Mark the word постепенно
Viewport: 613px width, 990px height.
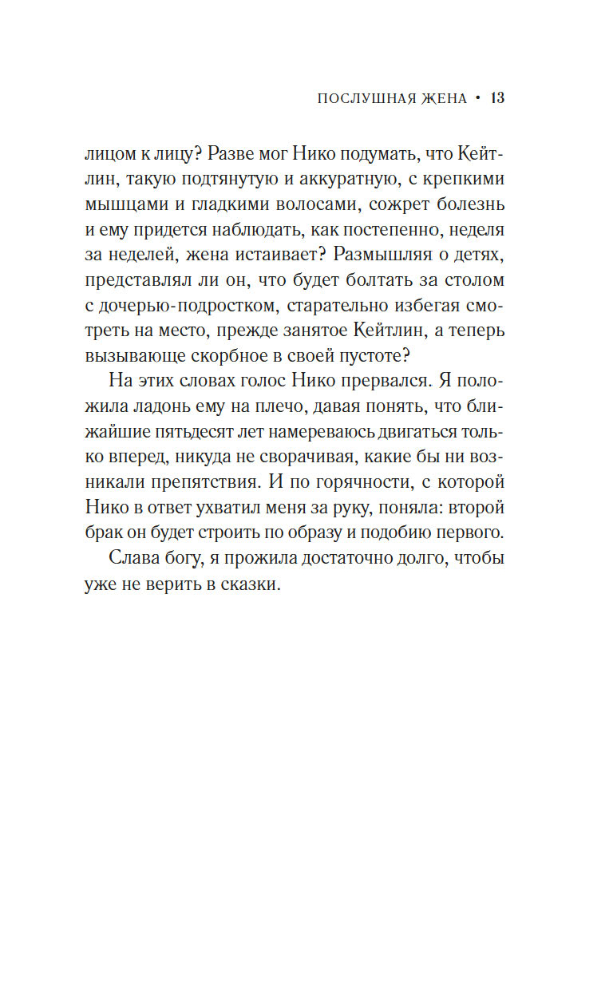[x=393, y=231]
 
